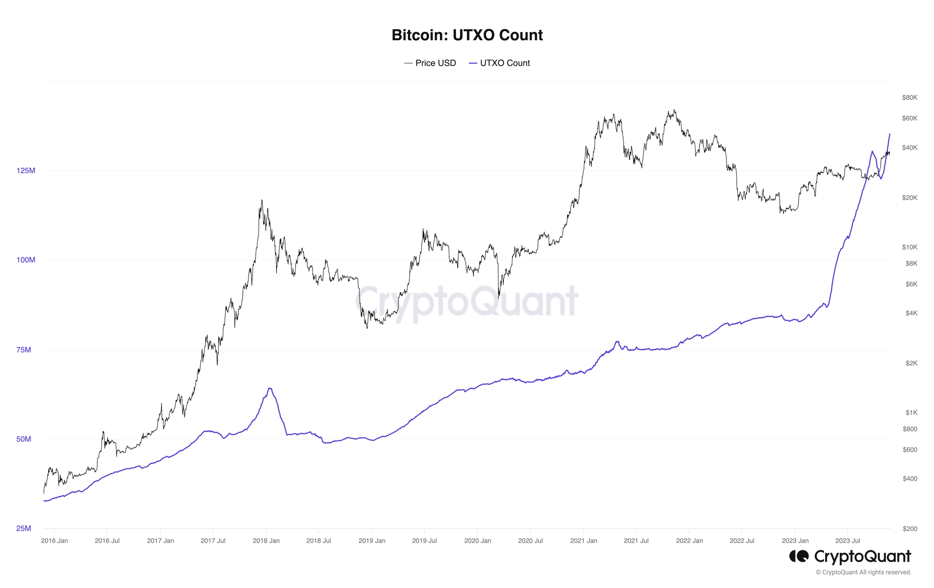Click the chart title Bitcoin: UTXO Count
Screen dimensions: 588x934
[x=467, y=35]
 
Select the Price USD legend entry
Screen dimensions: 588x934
[x=430, y=63]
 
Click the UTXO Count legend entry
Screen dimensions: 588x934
[x=499, y=63]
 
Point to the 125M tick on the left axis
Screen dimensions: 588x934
[x=26, y=170]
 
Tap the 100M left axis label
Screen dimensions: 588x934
[x=26, y=260]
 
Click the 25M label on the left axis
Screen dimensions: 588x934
[x=24, y=528]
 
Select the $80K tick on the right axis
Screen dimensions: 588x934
[x=909, y=97]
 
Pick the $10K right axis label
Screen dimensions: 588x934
[x=909, y=247]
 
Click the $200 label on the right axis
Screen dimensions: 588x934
[x=910, y=528]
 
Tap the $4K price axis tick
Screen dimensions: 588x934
[x=911, y=313]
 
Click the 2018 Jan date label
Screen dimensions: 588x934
[x=266, y=541]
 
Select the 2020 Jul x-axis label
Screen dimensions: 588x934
[x=530, y=541]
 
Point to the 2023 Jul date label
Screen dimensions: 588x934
[x=847, y=541]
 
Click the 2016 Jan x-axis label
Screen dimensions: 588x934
[x=54, y=541]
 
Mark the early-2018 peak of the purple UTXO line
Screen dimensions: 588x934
[x=270, y=388]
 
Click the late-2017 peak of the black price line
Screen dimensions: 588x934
[x=262, y=200]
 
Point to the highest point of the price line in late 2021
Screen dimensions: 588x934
[x=674, y=109]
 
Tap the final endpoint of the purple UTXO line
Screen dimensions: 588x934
[x=890, y=134]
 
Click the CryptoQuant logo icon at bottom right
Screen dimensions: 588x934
[x=799, y=556]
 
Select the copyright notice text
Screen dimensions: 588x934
[x=863, y=572]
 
